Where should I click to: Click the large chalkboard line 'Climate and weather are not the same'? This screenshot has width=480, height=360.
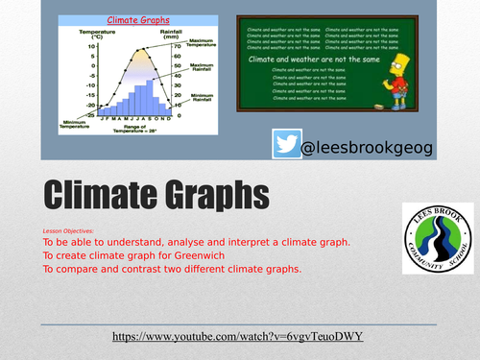pos(325,60)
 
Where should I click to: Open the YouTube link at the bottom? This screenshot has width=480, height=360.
pos(239,338)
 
